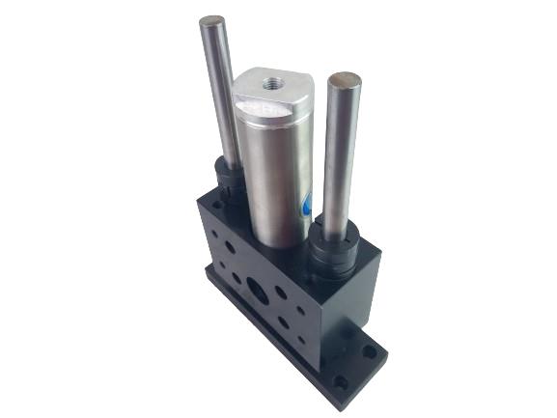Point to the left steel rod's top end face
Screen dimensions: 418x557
pos(211,21)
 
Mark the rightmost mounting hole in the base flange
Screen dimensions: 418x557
pos(370,352)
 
